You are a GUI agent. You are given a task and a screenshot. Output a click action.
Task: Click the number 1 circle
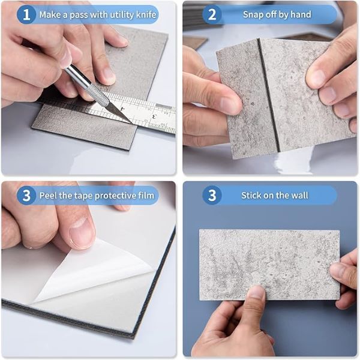coord(26,14)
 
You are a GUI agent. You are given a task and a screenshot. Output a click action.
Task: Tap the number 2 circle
coord(212,14)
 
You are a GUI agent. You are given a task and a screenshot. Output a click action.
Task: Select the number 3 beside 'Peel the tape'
coord(26,196)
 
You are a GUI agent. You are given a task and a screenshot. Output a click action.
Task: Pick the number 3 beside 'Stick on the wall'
coord(212,196)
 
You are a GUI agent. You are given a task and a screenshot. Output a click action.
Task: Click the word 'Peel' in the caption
coord(48,196)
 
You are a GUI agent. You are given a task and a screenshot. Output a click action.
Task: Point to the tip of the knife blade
coord(133,123)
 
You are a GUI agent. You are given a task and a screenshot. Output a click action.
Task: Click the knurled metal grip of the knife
coord(97,93)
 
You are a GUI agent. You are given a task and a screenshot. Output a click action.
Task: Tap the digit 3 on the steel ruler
coord(155,116)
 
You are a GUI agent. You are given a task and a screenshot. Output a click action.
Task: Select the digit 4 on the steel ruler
coord(123,109)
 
